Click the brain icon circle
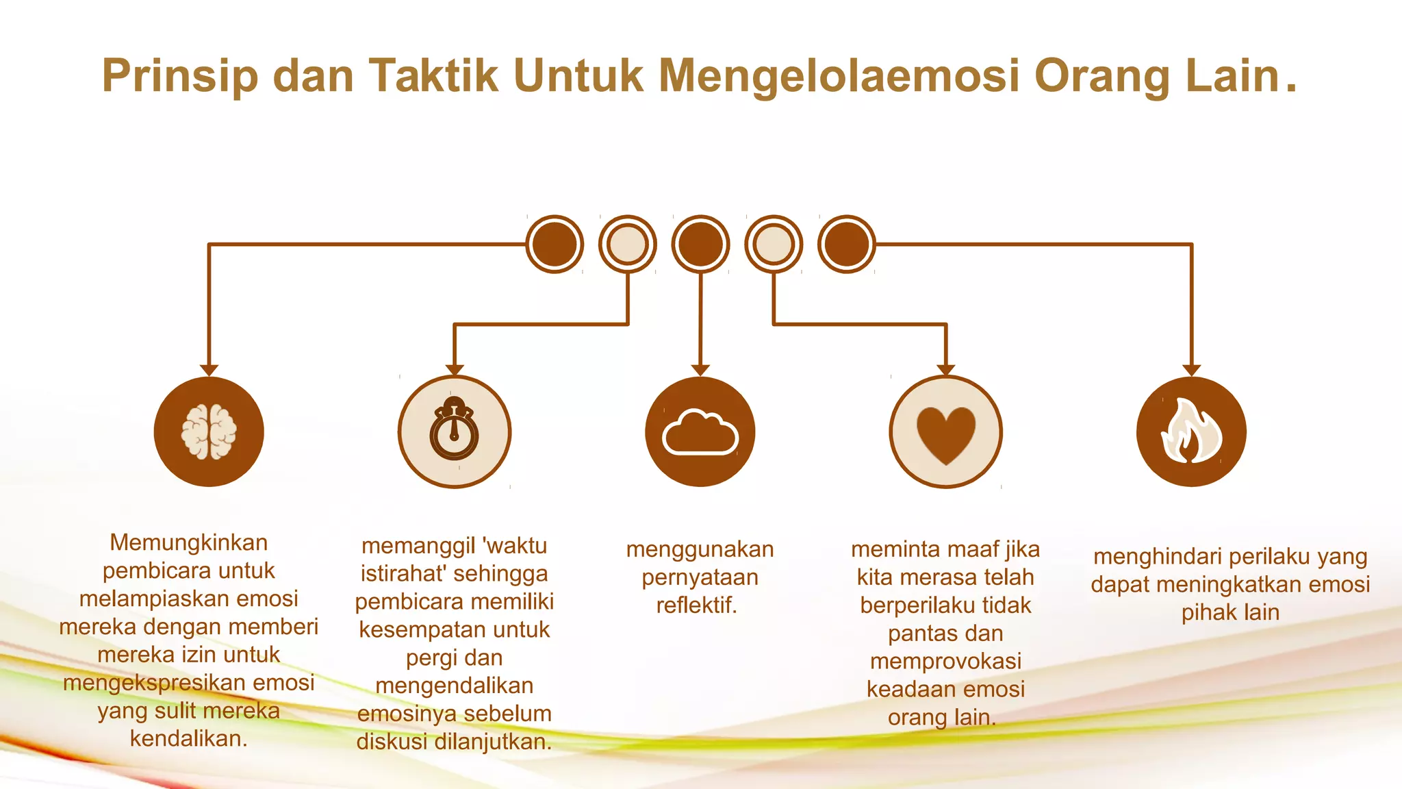click(209, 431)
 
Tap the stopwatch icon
click(454, 431)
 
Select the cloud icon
click(700, 431)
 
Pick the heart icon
click(945, 433)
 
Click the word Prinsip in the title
click(180, 75)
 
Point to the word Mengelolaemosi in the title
click(839, 75)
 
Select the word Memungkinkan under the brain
click(189, 542)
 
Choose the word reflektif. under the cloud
click(697, 605)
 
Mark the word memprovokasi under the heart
click(945, 662)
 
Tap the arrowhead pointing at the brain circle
click(209, 371)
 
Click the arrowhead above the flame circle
click(1191, 371)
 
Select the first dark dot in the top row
click(555, 245)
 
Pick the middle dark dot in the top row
click(700, 245)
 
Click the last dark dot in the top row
click(846, 245)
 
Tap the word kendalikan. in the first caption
click(189, 738)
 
